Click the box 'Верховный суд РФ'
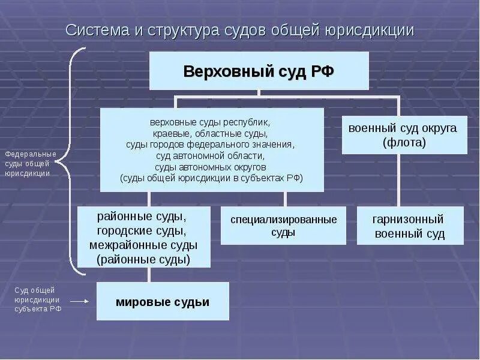pyautogui.click(x=259, y=71)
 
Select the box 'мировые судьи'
pyautogui.click(x=163, y=302)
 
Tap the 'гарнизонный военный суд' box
pyautogui.click(x=410, y=226)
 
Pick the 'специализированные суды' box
pyautogui.click(x=283, y=226)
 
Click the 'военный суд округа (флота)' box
pyautogui.click(x=404, y=135)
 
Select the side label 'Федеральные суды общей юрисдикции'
pyautogui.click(x=30, y=163)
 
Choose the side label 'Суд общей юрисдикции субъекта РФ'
pyautogui.click(x=37, y=299)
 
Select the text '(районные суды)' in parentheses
pyautogui.click(x=143, y=259)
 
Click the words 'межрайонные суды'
pyautogui.click(x=143, y=245)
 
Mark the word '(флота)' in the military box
pyautogui.click(x=404, y=143)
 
